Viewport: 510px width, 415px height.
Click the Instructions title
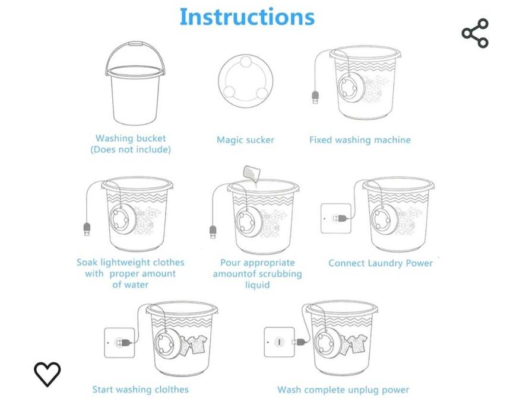click(247, 17)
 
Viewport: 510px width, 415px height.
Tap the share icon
click(475, 33)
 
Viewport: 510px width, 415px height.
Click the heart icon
click(47, 374)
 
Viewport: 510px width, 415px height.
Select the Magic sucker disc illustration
click(246, 81)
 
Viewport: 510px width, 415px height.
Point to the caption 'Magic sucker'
click(246, 140)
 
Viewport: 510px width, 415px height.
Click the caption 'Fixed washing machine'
click(360, 140)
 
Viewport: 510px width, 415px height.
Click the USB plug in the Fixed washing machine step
click(315, 98)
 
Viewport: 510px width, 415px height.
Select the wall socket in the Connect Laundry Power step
click(336, 218)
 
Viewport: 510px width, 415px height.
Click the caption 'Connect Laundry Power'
click(381, 263)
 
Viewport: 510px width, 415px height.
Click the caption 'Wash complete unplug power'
click(343, 390)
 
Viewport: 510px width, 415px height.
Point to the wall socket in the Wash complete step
click(280, 342)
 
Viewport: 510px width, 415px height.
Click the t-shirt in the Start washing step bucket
click(198, 344)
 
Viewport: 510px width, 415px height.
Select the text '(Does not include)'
click(131, 149)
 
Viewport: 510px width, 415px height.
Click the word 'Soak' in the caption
click(87, 263)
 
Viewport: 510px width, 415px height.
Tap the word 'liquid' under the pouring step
click(257, 285)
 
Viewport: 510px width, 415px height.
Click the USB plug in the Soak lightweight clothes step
click(87, 229)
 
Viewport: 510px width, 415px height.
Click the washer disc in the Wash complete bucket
click(328, 341)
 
